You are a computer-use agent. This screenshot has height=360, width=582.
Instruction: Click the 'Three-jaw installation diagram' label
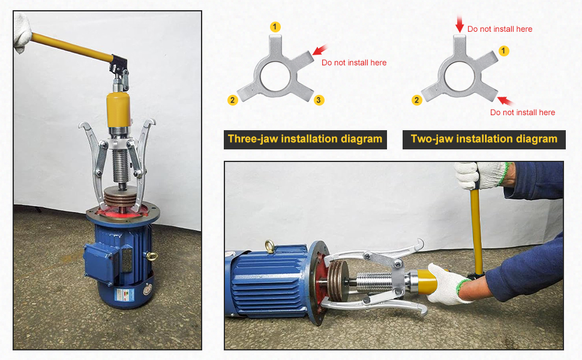[x=305, y=139]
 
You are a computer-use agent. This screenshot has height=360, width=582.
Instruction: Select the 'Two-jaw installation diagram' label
[x=484, y=139]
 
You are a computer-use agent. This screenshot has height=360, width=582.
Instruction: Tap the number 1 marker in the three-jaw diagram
[x=275, y=26]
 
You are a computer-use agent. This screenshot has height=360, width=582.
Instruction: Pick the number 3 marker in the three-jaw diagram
[x=319, y=100]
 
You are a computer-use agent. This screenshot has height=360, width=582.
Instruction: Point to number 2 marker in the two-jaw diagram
[x=416, y=100]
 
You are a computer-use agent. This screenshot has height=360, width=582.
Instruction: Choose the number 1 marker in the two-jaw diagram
[x=504, y=51]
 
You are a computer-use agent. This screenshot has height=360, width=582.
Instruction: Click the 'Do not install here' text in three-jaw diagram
[x=354, y=62]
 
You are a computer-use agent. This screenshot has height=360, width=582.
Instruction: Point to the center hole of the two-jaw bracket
[x=460, y=76]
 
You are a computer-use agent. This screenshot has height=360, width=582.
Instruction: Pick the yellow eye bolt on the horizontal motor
[x=271, y=245]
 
